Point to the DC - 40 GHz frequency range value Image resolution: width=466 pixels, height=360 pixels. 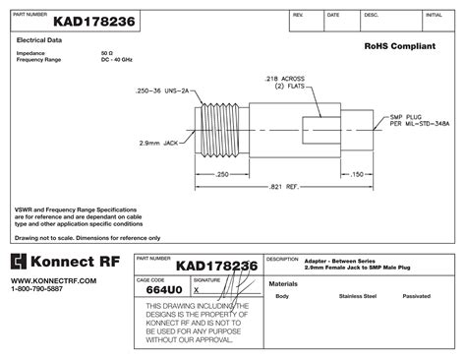pos(116,60)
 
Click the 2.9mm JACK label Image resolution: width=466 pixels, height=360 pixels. pos(156,143)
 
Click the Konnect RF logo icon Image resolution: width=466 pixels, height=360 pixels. pos(19,262)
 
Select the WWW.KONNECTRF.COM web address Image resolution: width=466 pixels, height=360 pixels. pos(54,280)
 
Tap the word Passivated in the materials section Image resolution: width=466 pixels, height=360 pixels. pos(417,296)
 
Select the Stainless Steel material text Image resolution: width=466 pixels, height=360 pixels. pos(357,296)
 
